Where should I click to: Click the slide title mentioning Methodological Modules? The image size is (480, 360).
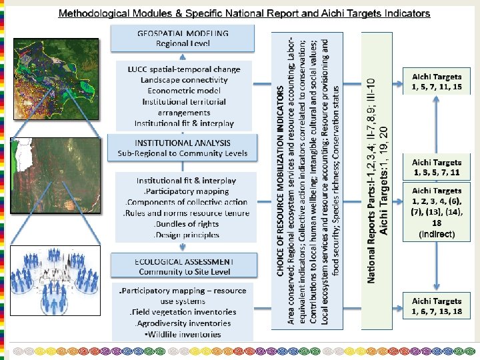pos(244,13)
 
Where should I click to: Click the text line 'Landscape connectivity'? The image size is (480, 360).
pos(185,80)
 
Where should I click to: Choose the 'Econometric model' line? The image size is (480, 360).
pos(185,91)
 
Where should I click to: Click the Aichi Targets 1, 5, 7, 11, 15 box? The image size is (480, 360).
pos(437,82)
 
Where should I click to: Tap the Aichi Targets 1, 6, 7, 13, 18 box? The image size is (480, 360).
pos(437,306)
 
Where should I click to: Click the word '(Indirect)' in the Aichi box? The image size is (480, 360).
pos(437,234)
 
